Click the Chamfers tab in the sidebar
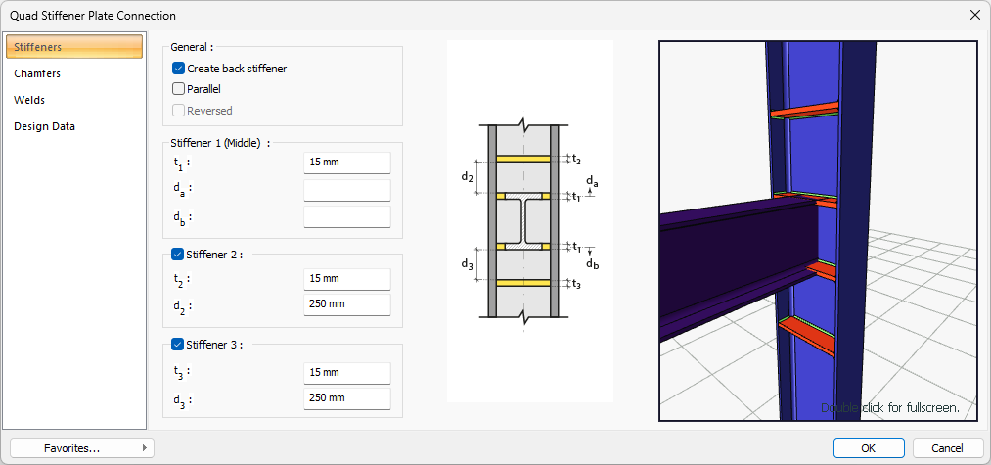(37, 73)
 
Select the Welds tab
(29, 100)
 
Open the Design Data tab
(44, 126)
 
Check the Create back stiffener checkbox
(178, 69)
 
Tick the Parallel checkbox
(178, 89)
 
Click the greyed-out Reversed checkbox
(178, 111)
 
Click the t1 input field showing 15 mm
(347, 163)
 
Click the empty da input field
(347, 190)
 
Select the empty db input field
(347, 216)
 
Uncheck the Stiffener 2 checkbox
(178, 255)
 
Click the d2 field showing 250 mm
(347, 304)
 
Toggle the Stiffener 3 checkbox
(178, 345)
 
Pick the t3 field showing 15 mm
(347, 373)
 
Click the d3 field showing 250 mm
(347, 398)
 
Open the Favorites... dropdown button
(81, 448)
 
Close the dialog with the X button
(974, 16)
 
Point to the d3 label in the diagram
(467, 264)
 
